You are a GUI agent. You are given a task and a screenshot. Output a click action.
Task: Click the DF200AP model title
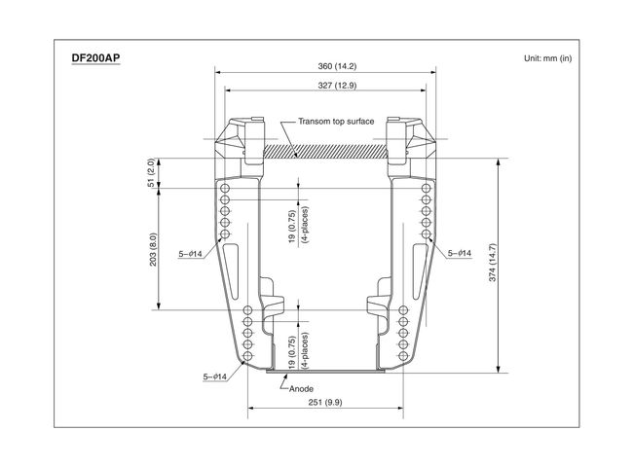pyautogui.click(x=95, y=58)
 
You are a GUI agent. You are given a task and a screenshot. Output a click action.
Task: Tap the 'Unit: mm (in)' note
pyautogui.click(x=548, y=58)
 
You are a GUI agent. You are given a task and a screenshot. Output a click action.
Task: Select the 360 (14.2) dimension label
pyautogui.click(x=337, y=66)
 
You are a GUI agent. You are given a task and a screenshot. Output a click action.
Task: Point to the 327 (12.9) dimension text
pyautogui.click(x=337, y=85)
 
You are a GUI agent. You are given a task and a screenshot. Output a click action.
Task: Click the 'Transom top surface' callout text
pyautogui.click(x=336, y=121)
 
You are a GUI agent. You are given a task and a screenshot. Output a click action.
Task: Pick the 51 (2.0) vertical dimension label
pyautogui.click(x=151, y=172)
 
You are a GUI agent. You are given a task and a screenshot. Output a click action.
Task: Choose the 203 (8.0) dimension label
pyautogui.click(x=153, y=249)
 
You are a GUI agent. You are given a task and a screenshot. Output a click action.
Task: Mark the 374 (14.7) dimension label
pyautogui.click(x=492, y=262)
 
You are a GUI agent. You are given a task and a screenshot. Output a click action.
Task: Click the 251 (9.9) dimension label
pyautogui.click(x=325, y=402)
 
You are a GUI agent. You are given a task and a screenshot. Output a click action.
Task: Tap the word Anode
pyautogui.click(x=301, y=389)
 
